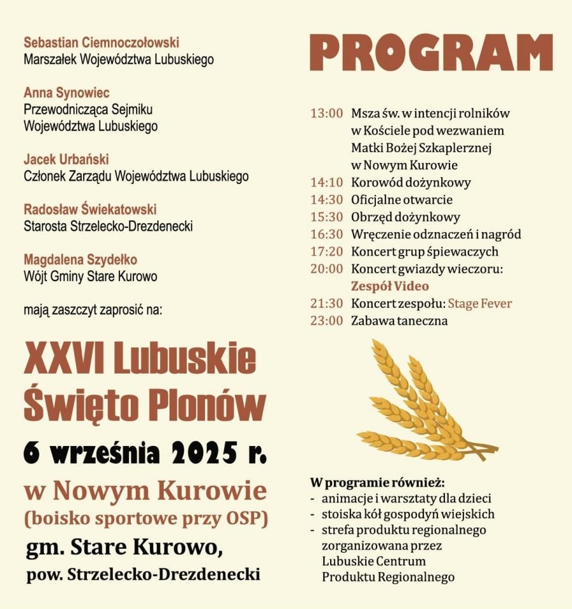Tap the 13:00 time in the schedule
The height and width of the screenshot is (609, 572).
(x=326, y=114)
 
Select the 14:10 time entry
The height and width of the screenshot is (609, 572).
(x=326, y=183)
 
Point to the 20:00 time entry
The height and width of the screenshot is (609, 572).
(x=326, y=269)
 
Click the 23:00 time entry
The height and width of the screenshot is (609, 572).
(x=326, y=321)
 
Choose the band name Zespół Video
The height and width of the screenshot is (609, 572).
(x=390, y=286)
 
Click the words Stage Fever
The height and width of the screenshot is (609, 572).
(x=480, y=304)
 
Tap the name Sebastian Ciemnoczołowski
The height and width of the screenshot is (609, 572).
(x=102, y=43)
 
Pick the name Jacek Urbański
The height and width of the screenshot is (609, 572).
(x=66, y=159)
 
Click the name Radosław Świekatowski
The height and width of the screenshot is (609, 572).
(x=90, y=209)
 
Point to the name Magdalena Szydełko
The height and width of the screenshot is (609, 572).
(x=80, y=260)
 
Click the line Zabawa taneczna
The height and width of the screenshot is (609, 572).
(x=399, y=321)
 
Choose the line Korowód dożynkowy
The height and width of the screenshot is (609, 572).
(x=411, y=183)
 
